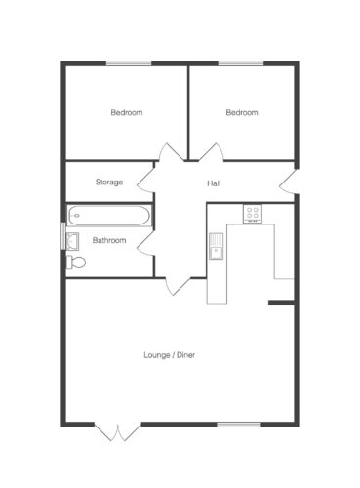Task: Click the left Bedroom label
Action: click(x=127, y=113)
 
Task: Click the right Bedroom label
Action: click(x=242, y=113)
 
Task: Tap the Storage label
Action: click(x=109, y=182)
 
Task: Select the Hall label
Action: click(x=214, y=183)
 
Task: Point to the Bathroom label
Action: click(x=109, y=240)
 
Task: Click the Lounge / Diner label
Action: click(x=170, y=355)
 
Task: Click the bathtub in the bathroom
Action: click(x=108, y=216)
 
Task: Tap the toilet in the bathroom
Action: click(x=76, y=263)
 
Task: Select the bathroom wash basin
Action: click(x=72, y=241)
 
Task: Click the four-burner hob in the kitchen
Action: click(x=253, y=214)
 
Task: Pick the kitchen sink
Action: click(x=216, y=246)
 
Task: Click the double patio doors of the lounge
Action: click(x=118, y=431)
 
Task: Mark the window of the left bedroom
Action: click(x=129, y=63)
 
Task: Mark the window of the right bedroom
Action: click(x=241, y=63)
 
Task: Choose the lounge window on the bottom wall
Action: click(x=239, y=425)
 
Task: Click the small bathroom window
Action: click(x=63, y=236)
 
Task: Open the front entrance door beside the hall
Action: click(x=288, y=182)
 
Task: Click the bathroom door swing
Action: click(x=145, y=243)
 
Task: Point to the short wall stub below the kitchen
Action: click(x=282, y=303)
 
